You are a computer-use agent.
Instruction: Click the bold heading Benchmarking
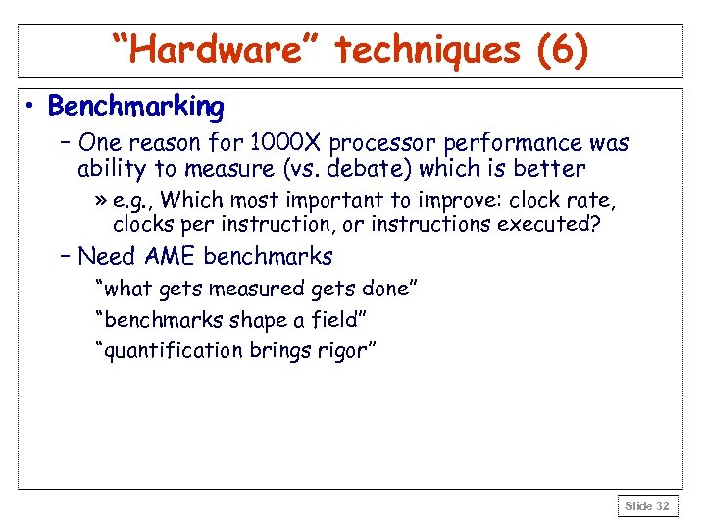pyautogui.click(x=136, y=106)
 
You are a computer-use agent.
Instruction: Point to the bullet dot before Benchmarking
pyautogui.click(x=32, y=107)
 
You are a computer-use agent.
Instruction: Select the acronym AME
pyautogui.click(x=170, y=258)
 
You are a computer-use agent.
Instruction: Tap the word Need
pyautogui.click(x=106, y=258)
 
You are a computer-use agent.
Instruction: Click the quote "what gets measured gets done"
pyautogui.click(x=258, y=290)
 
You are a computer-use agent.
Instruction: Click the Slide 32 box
pyautogui.click(x=646, y=506)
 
